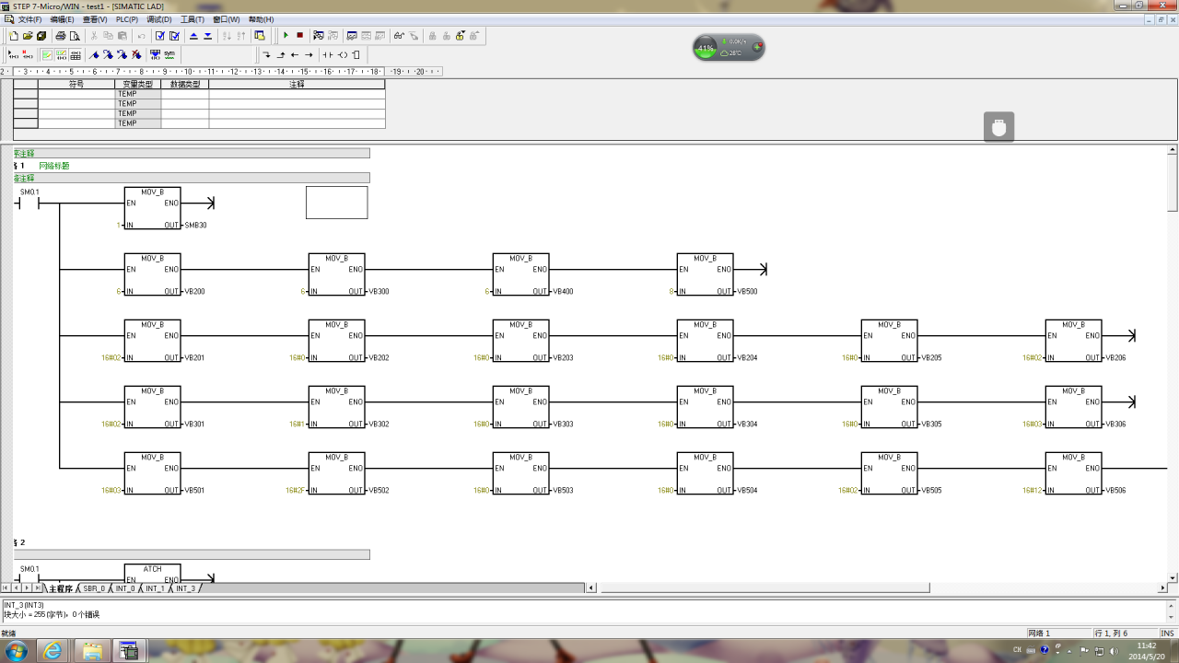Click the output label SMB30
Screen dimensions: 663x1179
click(195, 226)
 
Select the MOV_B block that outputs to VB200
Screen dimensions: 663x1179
click(152, 274)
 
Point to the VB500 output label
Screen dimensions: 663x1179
click(747, 292)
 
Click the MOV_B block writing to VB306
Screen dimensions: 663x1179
click(1073, 407)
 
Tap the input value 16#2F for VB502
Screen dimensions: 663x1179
click(295, 491)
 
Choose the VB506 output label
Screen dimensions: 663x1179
click(1115, 491)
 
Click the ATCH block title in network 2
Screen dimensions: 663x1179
click(152, 569)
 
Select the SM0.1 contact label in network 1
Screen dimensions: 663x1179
click(29, 192)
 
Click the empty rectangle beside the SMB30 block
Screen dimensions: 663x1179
click(336, 203)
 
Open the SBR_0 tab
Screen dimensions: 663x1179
click(94, 588)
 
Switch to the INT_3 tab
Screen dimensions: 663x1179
click(185, 588)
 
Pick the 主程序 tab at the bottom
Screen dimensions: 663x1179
click(61, 588)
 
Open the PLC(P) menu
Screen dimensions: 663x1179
click(126, 19)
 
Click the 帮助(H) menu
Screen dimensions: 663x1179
click(261, 19)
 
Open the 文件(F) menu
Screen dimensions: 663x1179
click(29, 19)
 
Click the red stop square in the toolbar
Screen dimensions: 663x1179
click(299, 36)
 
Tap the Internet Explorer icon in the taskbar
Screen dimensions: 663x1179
click(53, 651)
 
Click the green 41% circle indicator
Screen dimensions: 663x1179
click(706, 47)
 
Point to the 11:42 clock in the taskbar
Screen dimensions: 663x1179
click(1147, 646)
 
